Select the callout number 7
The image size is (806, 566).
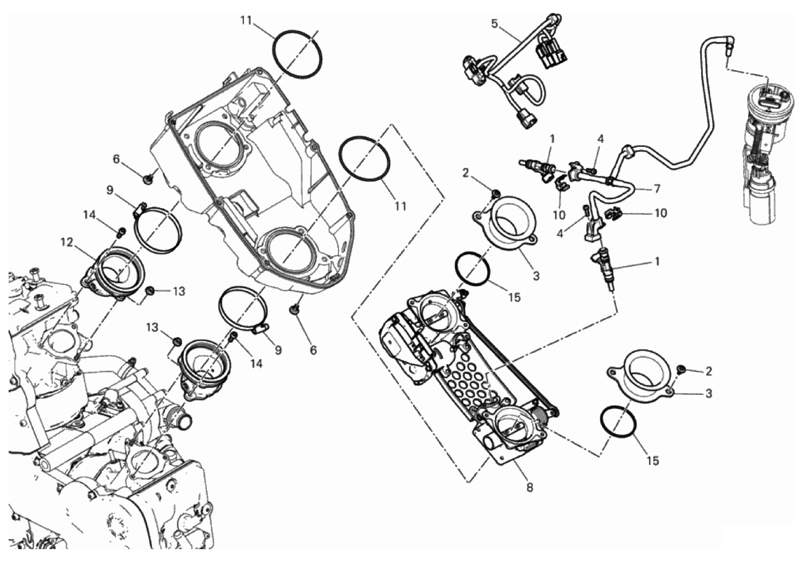pos(657,188)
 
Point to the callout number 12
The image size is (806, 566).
pos(67,242)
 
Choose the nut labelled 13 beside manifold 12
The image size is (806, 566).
pos(149,290)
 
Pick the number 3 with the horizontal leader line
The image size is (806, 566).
pos(708,394)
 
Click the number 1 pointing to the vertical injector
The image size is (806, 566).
pos(657,261)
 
